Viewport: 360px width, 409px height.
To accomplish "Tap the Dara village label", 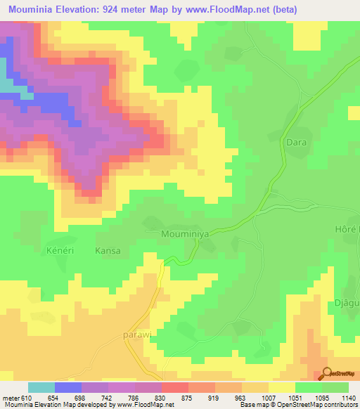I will (x=296, y=142).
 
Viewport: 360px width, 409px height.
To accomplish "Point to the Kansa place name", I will (x=108, y=251).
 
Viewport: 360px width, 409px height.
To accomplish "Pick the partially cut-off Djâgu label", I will (x=345, y=303).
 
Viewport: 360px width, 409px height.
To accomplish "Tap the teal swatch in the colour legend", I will (x=41, y=387).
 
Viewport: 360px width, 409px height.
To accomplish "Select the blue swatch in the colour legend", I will (x=68, y=387).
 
